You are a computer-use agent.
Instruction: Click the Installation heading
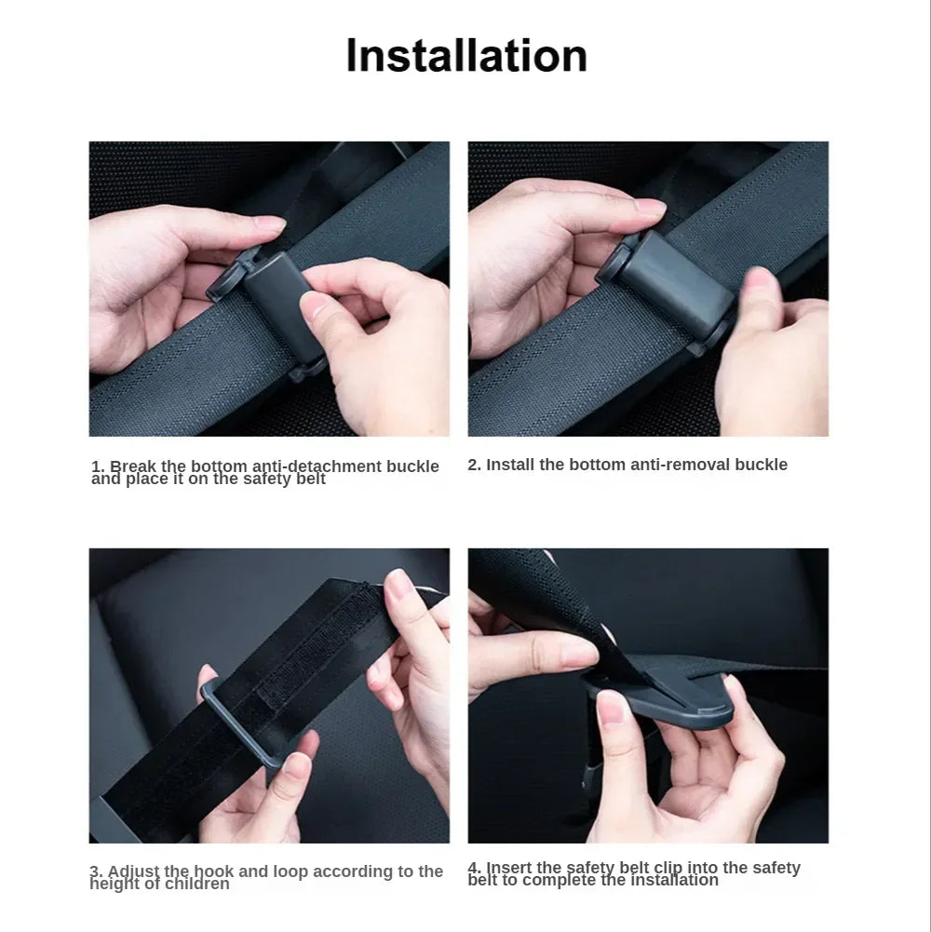(x=466, y=56)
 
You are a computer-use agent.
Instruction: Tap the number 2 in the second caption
(x=473, y=465)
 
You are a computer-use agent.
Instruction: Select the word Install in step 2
(x=511, y=465)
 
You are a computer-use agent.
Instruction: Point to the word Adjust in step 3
(x=133, y=871)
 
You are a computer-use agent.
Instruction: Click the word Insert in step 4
(x=511, y=867)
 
